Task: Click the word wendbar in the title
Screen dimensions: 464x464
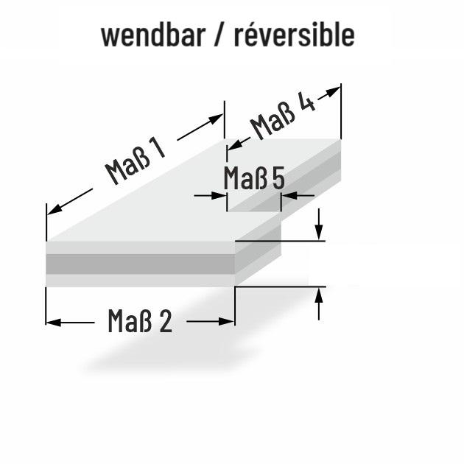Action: pos(153,35)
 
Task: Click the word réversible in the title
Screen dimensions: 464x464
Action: pos(295,35)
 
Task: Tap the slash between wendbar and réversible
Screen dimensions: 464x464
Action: pos(219,35)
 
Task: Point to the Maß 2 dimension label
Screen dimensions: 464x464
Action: pos(140,321)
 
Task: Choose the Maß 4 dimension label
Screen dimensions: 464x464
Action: pos(283,116)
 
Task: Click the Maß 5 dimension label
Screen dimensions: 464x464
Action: pos(254,177)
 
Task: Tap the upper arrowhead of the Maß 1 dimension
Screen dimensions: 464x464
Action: pos(215,119)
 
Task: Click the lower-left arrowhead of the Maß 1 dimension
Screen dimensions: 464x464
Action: pos(55,209)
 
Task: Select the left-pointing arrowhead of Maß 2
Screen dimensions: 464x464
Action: pos(54,323)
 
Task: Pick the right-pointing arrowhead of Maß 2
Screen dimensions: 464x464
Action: pos(226,321)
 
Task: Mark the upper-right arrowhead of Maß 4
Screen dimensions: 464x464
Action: pos(333,91)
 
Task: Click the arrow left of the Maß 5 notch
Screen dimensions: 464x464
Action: pos(210,196)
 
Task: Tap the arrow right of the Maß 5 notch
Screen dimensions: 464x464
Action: pos(298,196)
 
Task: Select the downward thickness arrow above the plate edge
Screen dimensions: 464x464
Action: pos(319,225)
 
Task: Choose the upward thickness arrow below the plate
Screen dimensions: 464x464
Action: pos(319,304)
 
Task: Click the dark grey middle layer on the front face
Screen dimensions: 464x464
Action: pos(140,264)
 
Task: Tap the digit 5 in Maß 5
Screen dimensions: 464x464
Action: pos(278,178)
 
